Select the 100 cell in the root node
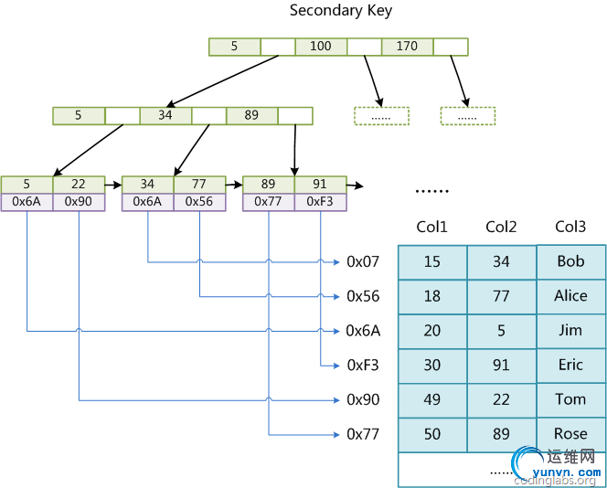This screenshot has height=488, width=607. [321, 47]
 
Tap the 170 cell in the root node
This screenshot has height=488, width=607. [407, 47]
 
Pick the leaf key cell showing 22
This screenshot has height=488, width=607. [79, 185]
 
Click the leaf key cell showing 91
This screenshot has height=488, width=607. [320, 185]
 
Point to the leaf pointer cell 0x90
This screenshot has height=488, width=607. [79, 202]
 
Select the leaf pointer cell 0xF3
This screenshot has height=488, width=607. [320, 202]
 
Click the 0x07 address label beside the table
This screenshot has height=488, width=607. [363, 262]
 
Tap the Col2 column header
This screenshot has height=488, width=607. [501, 227]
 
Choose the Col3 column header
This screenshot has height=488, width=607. [570, 227]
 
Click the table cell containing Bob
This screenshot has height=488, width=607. [570, 262]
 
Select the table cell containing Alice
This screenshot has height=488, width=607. [570, 296]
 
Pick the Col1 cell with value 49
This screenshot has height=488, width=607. [431, 400]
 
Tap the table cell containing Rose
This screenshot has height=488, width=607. [570, 434]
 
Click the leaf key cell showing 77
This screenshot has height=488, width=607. [199, 185]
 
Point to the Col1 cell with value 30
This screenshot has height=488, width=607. [431, 366]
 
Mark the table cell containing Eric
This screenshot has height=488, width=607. [570, 366]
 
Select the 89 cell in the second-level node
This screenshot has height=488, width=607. [251, 116]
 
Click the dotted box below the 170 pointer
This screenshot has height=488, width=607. [467, 116]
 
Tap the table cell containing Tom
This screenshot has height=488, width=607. [570, 400]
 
